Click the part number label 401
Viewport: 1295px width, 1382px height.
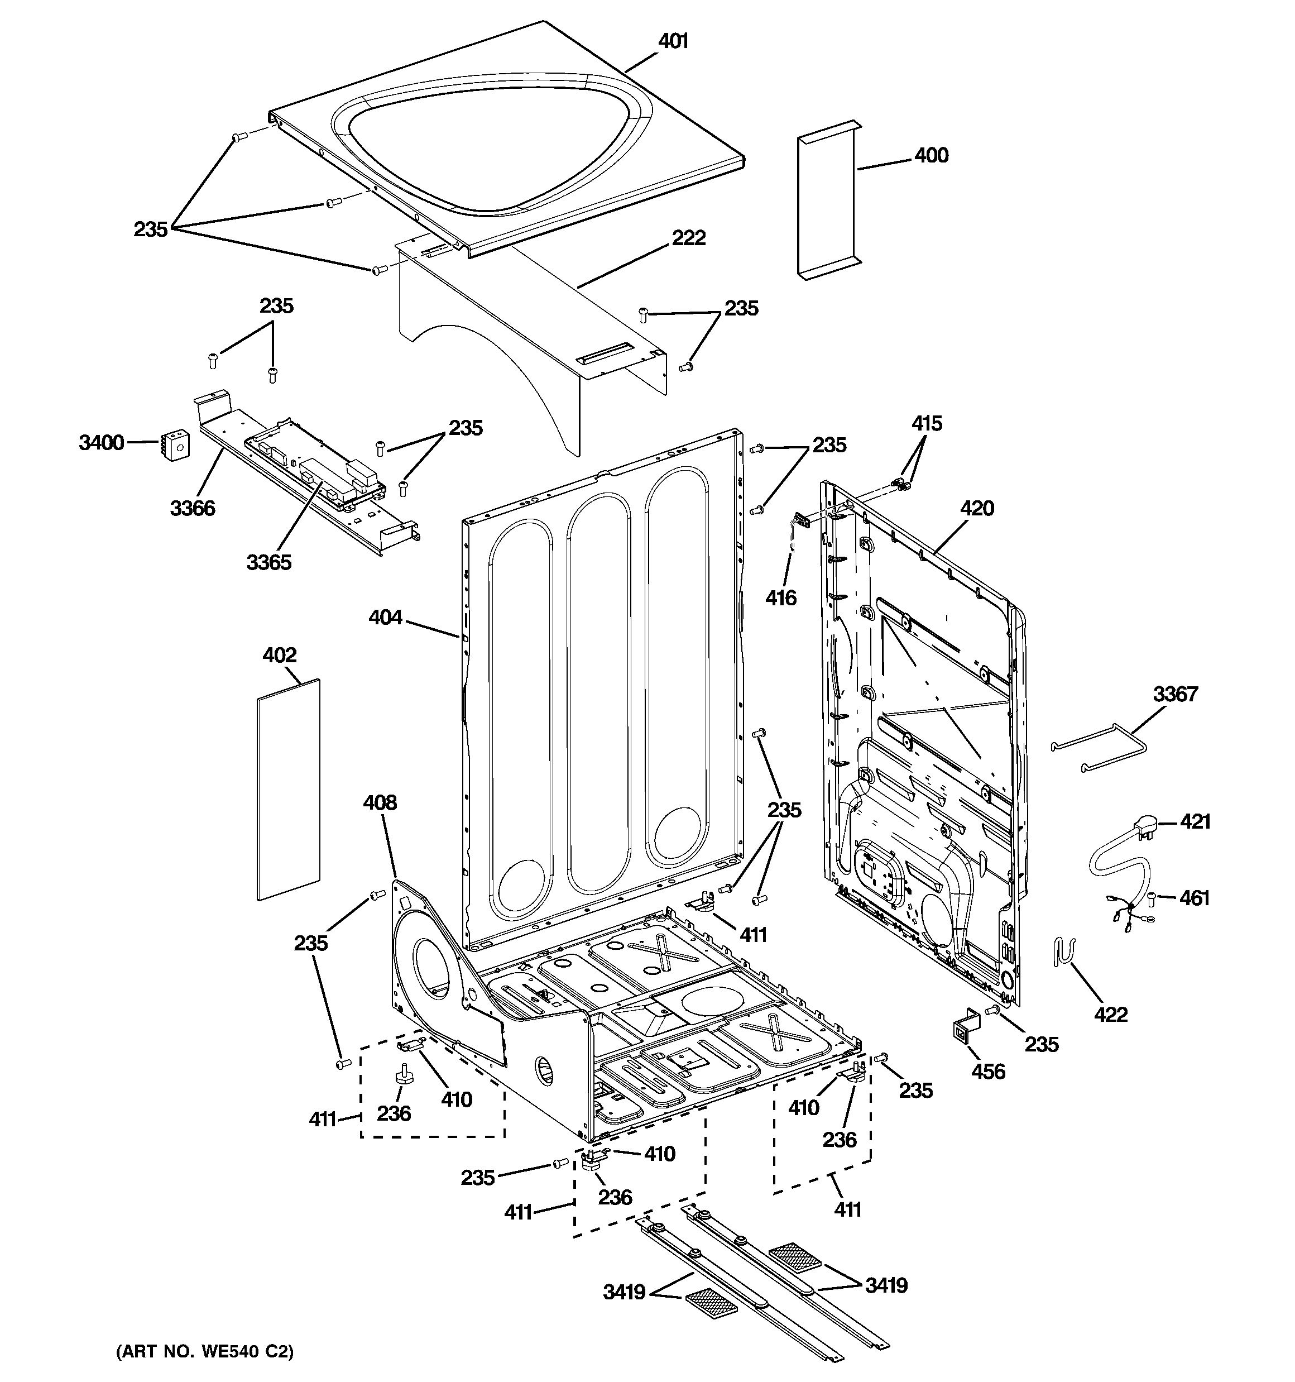pos(673,42)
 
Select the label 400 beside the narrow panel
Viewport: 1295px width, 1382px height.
pos(931,155)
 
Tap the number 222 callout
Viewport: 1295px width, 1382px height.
pos(688,238)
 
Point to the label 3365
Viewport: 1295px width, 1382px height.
pos(269,562)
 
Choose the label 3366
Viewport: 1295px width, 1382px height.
pos(193,508)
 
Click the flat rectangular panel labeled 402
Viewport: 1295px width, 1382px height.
pos(289,789)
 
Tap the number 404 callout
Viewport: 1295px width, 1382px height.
pos(385,616)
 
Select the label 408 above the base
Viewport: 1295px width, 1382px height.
pos(380,802)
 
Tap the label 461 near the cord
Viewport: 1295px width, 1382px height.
pos(1194,898)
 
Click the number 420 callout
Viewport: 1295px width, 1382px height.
pos(977,508)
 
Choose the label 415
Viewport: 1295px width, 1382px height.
pos(927,423)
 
